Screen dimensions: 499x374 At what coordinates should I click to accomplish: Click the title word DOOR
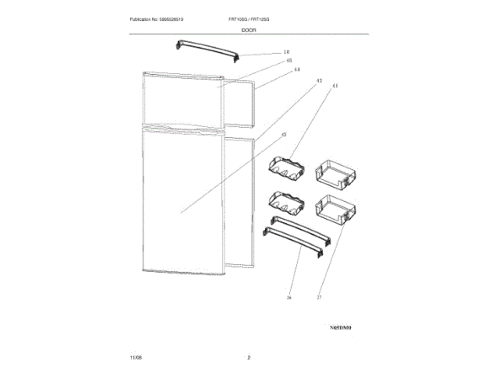(249, 30)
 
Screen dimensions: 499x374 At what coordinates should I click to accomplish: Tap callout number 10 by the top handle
(286, 53)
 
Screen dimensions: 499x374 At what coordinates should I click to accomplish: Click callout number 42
(318, 80)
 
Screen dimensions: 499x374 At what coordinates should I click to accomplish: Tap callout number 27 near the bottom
(318, 297)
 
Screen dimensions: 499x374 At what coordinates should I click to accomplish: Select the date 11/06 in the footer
(136, 358)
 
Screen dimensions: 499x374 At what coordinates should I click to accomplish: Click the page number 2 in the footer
(249, 358)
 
